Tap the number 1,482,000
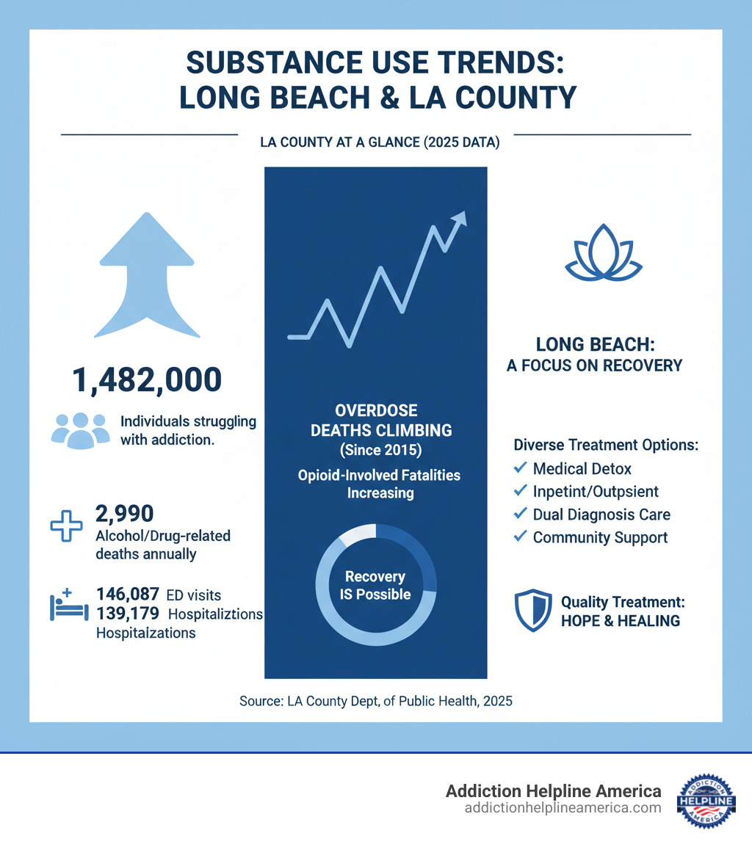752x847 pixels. tap(147, 380)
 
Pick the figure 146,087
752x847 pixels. tap(127, 595)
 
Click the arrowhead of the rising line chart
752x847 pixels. tap(460, 217)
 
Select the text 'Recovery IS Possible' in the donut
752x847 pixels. tap(376, 585)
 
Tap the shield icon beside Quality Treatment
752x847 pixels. tap(533, 611)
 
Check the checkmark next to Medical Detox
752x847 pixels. tap(520, 467)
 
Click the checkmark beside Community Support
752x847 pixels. tap(520, 537)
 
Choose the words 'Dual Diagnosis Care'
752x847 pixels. tap(601, 515)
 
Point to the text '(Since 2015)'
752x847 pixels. tap(376, 450)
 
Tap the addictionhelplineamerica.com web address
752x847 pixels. tap(563, 807)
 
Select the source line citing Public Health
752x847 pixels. tap(376, 701)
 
